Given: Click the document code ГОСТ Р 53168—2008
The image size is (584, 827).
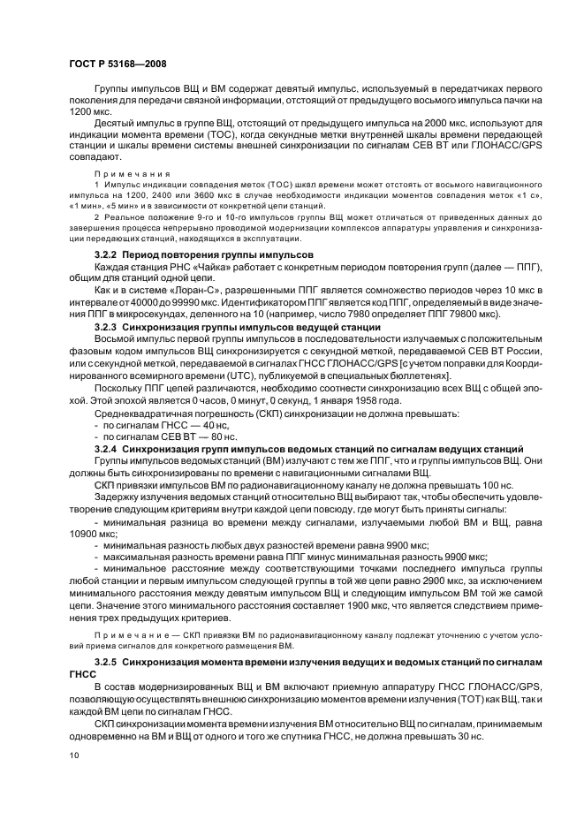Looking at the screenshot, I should pos(118,64).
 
